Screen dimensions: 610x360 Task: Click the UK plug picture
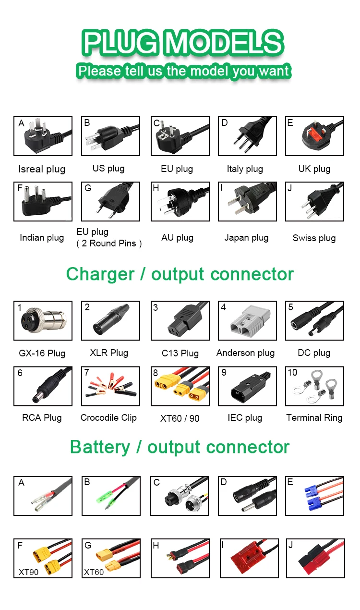click(x=314, y=136)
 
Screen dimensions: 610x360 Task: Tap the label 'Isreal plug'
click(x=42, y=169)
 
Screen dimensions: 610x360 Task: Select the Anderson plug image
click(x=247, y=320)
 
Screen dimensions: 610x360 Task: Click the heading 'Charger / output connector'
click(x=180, y=274)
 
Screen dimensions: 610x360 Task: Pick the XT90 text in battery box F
click(x=28, y=572)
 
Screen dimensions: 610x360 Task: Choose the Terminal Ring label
click(x=314, y=418)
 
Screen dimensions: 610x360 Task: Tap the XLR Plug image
click(x=110, y=320)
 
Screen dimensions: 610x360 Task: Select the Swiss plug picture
click(x=314, y=201)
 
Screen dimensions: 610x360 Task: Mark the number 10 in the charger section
click(x=292, y=373)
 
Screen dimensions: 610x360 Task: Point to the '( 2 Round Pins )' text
click(x=109, y=244)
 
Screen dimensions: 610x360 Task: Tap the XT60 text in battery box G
click(x=94, y=572)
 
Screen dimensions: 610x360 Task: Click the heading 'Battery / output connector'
click(x=180, y=447)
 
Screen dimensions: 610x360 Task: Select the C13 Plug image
click(x=180, y=320)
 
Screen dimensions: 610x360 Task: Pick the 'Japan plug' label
click(x=246, y=238)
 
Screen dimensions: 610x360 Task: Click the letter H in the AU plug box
click(x=156, y=188)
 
